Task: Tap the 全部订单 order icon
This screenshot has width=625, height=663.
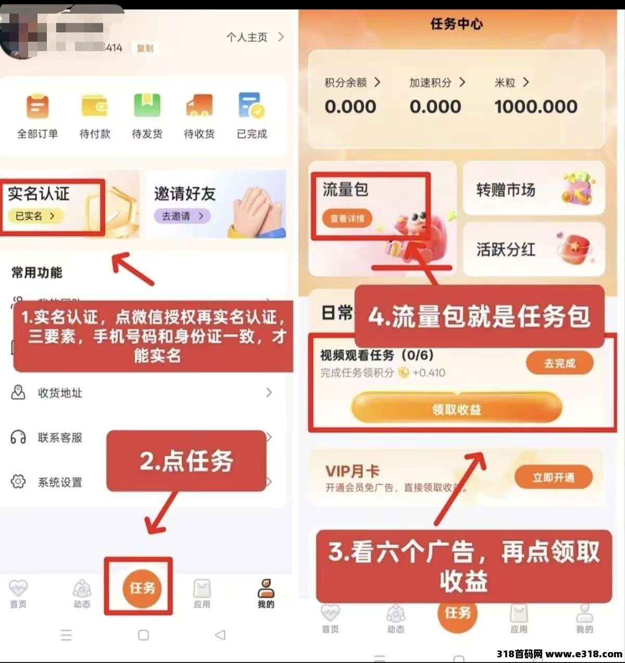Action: click(x=37, y=107)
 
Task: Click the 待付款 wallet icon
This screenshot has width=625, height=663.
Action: click(x=95, y=106)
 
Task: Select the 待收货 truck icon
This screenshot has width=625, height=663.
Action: click(x=199, y=106)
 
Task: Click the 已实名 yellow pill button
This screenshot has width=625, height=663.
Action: click(x=35, y=216)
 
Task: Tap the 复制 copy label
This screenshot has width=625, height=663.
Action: click(x=145, y=48)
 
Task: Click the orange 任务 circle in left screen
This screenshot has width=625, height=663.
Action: click(x=142, y=588)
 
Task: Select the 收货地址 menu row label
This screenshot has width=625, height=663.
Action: click(x=60, y=393)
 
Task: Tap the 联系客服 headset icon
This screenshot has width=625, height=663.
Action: click(x=18, y=437)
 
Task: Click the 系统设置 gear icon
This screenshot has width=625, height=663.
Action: click(x=18, y=481)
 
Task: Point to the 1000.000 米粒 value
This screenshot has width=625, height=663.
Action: click(x=536, y=107)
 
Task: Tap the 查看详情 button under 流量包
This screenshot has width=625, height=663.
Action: click(x=347, y=219)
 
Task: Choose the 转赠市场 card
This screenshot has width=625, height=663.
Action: click(x=534, y=189)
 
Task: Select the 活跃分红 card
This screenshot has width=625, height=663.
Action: click(x=534, y=249)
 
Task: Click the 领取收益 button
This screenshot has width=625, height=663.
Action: click(x=456, y=410)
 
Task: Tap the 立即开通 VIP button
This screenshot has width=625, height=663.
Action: click(x=553, y=477)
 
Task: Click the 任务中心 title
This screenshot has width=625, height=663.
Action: click(x=456, y=24)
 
